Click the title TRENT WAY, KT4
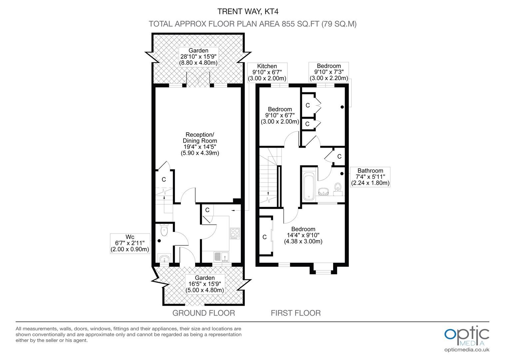(x=248, y=11)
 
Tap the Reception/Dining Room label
(x=200, y=144)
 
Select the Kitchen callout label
(x=267, y=72)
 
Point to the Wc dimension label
(x=130, y=243)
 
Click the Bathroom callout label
(x=370, y=177)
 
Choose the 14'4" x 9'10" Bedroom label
(x=303, y=235)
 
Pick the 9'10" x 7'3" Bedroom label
(x=329, y=72)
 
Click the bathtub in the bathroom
(x=309, y=186)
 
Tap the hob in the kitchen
(x=235, y=233)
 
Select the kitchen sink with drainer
(x=221, y=257)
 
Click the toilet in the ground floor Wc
(x=164, y=230)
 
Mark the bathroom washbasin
(x=323, y=191)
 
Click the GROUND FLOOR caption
(x=204, y=313)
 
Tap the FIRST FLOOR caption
(x=295, y=313)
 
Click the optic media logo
(x=467, y=336)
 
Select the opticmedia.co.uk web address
(x=467, y=350)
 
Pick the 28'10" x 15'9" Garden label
(x=199, y=57)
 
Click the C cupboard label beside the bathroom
(x=339, y=156)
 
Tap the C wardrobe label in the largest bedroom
(x=264, y=237)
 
